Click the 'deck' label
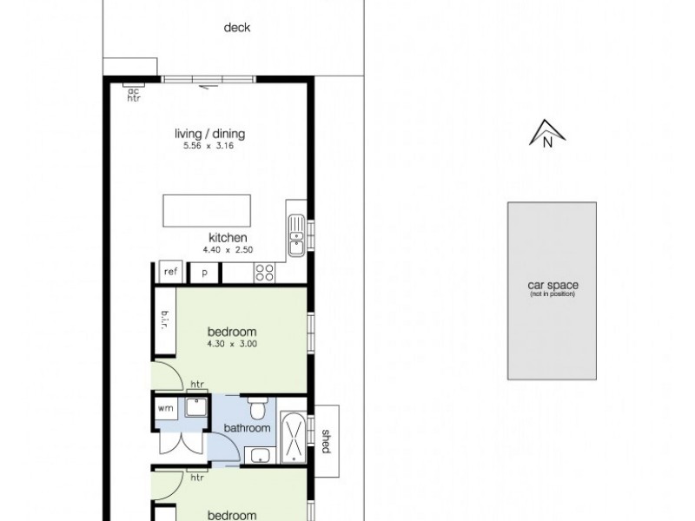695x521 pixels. tap(237, 28)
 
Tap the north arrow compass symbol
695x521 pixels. tap(547, 135)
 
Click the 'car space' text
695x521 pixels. tap(553, 286)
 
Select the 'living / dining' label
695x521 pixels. tap(210, 134)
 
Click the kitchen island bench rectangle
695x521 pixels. tap(208, 210)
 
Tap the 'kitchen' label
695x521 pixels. tap(228, 238)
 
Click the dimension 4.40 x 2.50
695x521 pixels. tap(228, 250)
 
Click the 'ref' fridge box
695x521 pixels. tap(170, 273)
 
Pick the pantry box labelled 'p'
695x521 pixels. tap(205, 273)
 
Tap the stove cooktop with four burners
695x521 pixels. tap(264, 273)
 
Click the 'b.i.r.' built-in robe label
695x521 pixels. tap(164, 322)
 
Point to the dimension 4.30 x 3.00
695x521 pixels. tap(232, 344)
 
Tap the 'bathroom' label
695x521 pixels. tap(248, 428)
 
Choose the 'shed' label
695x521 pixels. tap(326, 441)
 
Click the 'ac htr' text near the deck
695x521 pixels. tap(134, 94)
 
